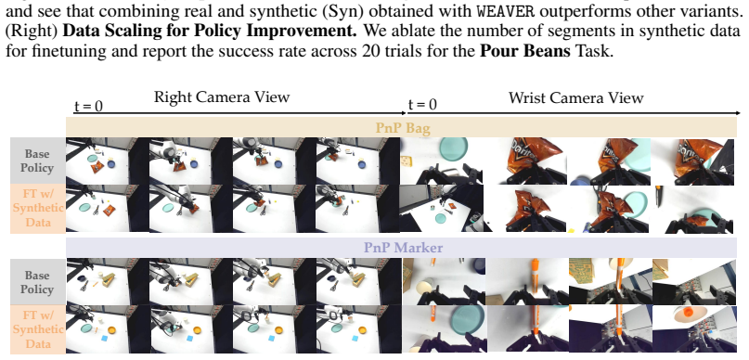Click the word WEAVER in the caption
click(x=506, y=9)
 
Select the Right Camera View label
click(x=222, y=96)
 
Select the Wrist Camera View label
click(x=576, y=97)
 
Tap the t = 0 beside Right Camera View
click(x=88, y=105)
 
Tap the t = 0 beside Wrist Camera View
click(x=422, y=104)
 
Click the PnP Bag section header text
click(x=403, y=128)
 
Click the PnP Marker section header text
click(x=403, y=248)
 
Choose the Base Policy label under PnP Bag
click(x=39, y=161)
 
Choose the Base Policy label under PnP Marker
click(x=37, y=283)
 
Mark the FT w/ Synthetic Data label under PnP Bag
click(x=38, y=208)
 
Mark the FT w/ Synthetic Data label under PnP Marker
click(x=38, y=329)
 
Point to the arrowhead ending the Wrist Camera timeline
click(x=738, y=113)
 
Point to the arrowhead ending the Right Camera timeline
click(x=403, y=113)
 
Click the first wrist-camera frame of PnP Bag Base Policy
click(x=441, y=161)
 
